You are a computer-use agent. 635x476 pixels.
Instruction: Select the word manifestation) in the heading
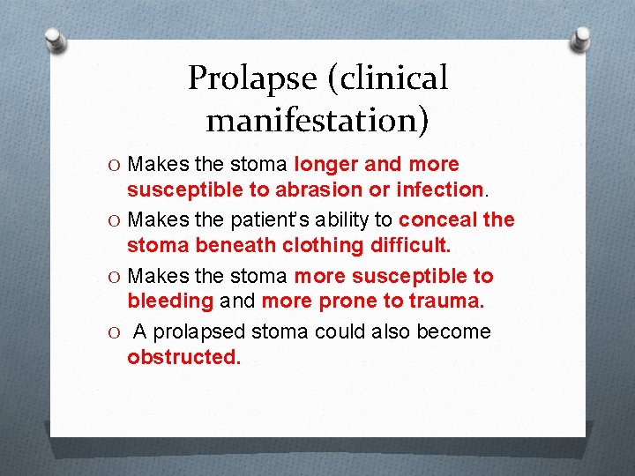pyautogui.click(x=317, y=118)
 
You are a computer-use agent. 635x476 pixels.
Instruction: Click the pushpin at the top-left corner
pyautogui.click(x=55, y=41)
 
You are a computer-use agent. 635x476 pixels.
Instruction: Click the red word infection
pyautogui.click(x=440, y=190)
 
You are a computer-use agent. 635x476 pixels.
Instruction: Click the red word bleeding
pyautogui.click(x=170, y=301)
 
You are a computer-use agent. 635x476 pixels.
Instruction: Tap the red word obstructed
pyautogui.click(x=183, y=357)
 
